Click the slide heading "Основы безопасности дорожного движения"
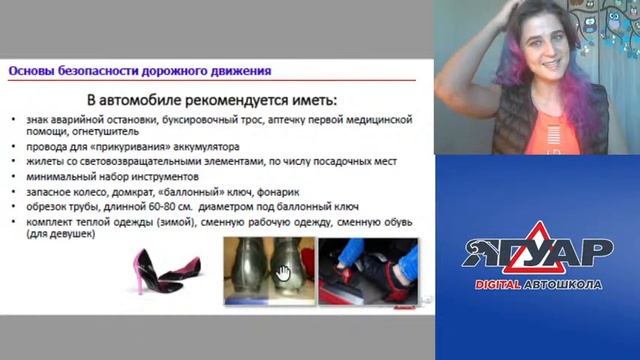(x=139, y=71)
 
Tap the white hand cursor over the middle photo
(x=283, y=272)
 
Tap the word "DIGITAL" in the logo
(x=510, y=284)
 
